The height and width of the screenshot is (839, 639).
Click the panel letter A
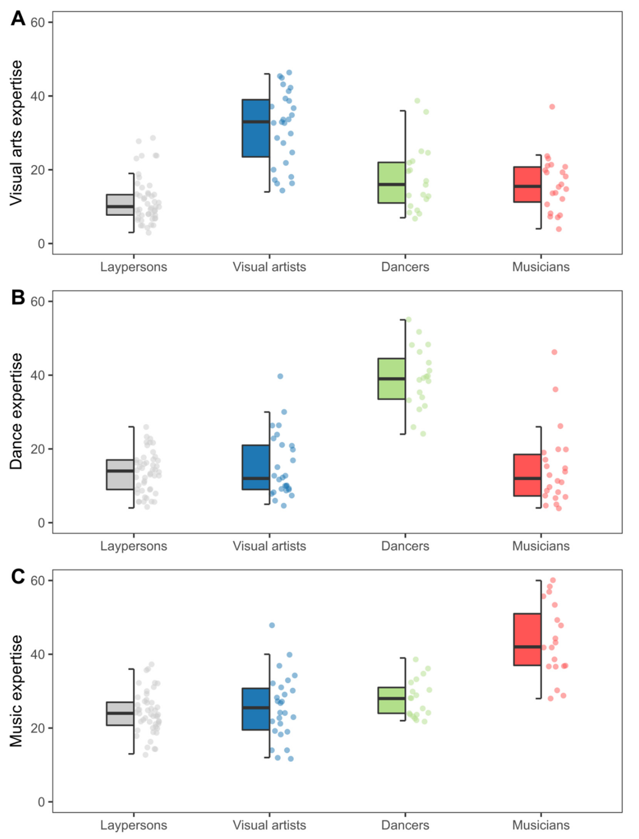[18, 18]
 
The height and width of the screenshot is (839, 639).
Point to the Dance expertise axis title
[16, 411]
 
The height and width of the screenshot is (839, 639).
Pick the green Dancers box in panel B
[391, 379]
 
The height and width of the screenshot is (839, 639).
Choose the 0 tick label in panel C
[41, 802]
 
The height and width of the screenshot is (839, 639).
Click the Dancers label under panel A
[405, 267]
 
